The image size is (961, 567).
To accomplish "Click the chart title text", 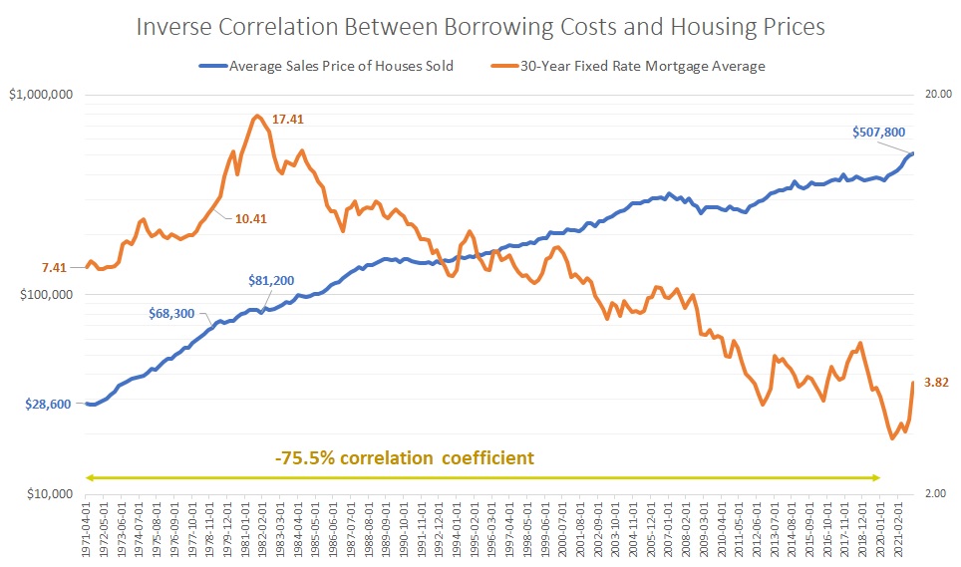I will pyautogui.click(x=480, y=27).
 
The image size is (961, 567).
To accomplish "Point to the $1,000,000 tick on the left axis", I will pyautogui.click(x=41, y=96).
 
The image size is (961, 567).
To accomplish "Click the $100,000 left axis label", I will pyautogui.click(x=46, y=295).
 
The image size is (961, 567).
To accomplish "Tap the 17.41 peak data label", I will pyautogui.click(x=288, y=120).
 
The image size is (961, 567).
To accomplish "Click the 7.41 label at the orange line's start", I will pyautogui.click(x=54, y=267).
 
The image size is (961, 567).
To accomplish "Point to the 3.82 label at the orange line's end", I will pyautogui.click(x=936, y=382).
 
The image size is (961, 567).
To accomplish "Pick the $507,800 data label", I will pyautogui.click(x=878, y=132).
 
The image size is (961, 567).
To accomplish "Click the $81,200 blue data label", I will pyautogui.click(x=271, y=281).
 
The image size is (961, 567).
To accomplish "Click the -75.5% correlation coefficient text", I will pyautogui.click(x=405, y=458).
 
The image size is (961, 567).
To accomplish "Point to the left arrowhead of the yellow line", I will pyautogui.click(x=90, y=478).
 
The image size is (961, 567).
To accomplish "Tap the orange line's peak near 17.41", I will pyautogui.click(x=257, y=117).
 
